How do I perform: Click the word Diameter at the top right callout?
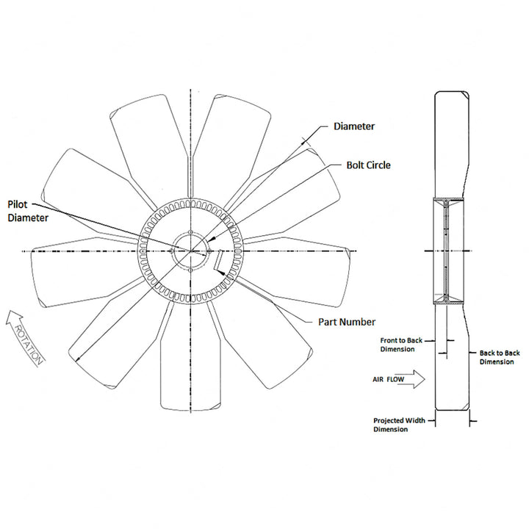(354, 126)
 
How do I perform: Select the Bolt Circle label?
(368, 165)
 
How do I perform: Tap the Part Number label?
(347, 322)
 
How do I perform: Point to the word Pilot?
(18, 204)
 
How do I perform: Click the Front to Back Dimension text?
(401, 345)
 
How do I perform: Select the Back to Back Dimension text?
(500, 357)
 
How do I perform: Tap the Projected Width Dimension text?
(399, 425)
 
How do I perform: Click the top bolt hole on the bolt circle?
(190, 232)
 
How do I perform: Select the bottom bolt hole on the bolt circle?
(190, 270)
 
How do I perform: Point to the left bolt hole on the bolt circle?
(172, 251)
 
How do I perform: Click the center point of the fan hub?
(190, 251)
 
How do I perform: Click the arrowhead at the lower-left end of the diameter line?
(78, 359)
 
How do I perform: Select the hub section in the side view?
(448, 251)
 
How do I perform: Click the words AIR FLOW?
(388, 380)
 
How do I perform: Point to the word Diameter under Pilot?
(28, 218)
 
